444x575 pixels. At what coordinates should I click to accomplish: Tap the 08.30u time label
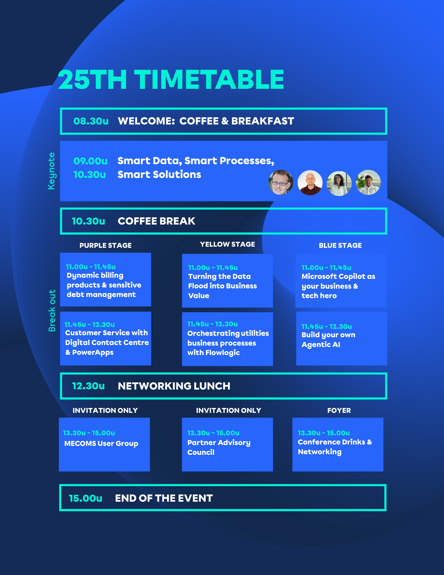(91, 121)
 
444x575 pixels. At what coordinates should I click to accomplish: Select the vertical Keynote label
(51, 171)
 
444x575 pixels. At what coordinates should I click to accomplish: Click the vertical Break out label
(52, 310)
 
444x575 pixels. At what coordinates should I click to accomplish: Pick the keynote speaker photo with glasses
(281, 182)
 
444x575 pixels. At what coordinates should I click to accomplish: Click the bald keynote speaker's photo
(310, 183)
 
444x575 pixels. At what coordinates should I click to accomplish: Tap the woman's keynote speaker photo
(339, 183)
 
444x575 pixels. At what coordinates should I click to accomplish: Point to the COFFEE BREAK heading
(156, 221)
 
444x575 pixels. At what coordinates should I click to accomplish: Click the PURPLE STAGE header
(105, 246)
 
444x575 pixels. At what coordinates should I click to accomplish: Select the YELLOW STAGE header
(227, 244)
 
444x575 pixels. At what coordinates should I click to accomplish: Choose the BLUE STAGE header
(340, 246)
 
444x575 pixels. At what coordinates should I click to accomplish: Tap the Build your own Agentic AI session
(328, 340)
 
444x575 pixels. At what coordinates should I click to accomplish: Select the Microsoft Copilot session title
(339, 286)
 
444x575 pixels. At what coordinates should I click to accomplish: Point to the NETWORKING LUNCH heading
(174, 386)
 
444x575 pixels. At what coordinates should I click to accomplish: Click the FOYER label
(339, 411)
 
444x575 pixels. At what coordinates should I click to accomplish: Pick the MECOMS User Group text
(101, 444)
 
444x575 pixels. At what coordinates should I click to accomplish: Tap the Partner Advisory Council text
(219, 447)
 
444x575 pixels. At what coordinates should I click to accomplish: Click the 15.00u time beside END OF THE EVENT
(85, 498)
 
